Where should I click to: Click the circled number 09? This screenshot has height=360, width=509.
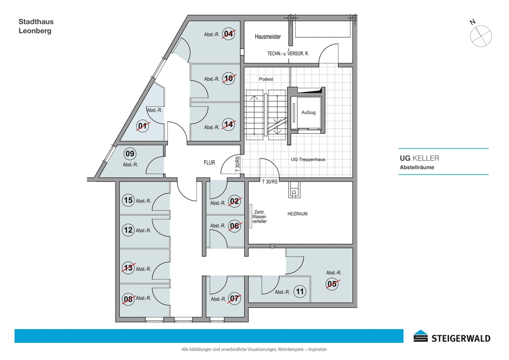[x=130, y=153]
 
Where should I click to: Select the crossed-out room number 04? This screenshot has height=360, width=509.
[x=228, y=33]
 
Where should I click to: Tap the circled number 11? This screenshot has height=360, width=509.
[x=299, y=292]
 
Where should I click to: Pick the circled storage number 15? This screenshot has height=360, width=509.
[x=128, y=200]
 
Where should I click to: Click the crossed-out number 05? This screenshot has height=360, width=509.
[x=332, y=284]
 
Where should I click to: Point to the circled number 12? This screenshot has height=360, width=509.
[x=128, y=230]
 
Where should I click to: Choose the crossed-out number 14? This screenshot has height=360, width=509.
[x=228, y=125]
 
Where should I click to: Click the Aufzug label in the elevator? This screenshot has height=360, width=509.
[x=308, y=112]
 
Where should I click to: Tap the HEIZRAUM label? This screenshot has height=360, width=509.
[x=297, y=214]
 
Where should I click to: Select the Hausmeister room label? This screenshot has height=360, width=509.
[x=268, y=37]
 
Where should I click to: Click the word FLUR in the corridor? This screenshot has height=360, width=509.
[x=210, y=162]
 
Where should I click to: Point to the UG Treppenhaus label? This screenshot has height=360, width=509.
[x=308, y=159]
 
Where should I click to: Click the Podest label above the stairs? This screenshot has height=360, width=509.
[x=266, y=79]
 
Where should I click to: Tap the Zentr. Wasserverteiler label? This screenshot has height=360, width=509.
[x=259, y=217]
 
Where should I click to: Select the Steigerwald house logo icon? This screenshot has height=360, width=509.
[x=421, y=336]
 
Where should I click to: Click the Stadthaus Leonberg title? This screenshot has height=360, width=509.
[x=36, y=26]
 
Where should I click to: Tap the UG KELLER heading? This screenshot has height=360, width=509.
[x=420, y=158]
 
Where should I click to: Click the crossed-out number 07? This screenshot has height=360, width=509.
[x=234, y=298]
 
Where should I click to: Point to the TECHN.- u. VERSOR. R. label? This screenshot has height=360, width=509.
[x=288, y=54]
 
